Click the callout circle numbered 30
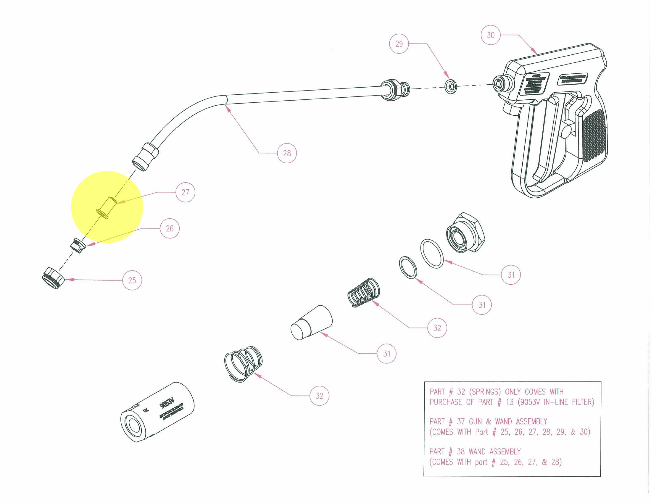pos(490,35)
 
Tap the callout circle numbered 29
pos(399,44)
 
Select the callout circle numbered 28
pos(287,153)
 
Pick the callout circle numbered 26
pos(170,229)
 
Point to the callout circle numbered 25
pos(132,280)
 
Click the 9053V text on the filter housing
pos(167,403)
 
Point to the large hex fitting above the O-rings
pos(466,232)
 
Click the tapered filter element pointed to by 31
pos(311,323)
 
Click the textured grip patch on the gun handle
pos(594,136)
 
